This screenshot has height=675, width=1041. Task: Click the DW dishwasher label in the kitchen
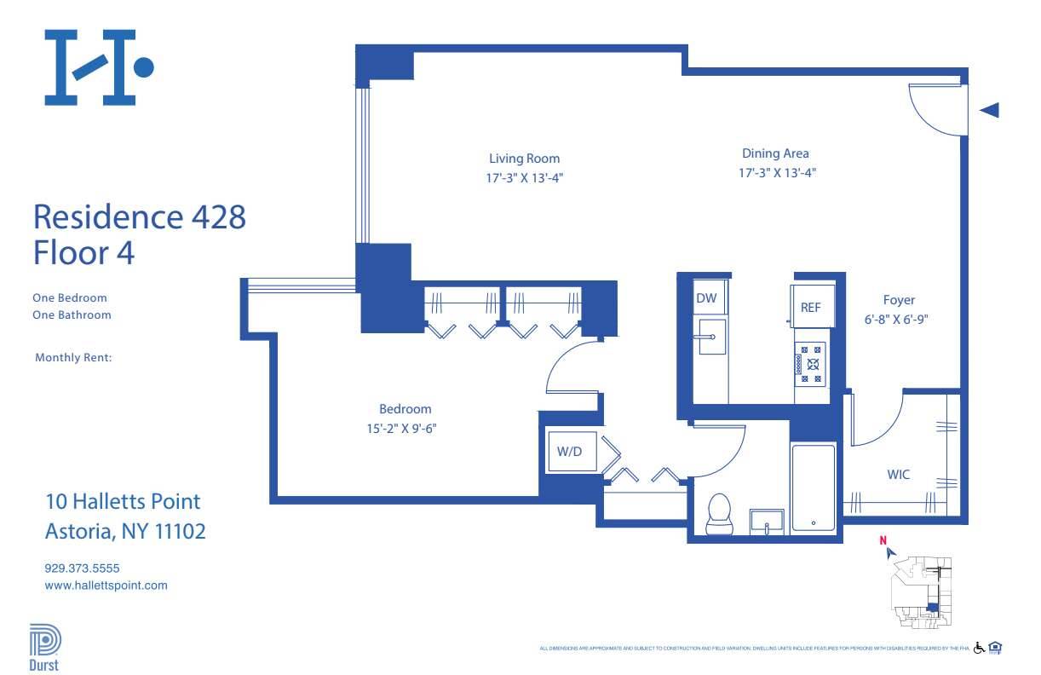tap(706, 298)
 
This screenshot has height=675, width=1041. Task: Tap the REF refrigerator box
tap(810, 308)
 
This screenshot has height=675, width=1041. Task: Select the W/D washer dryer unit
tap(569, 452)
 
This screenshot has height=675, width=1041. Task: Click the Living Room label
tap(524, 159)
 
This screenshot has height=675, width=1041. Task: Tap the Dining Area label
tap(775, 153)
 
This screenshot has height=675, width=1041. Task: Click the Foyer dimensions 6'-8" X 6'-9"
tap(899, 320)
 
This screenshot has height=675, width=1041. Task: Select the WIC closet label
tap(899, 474)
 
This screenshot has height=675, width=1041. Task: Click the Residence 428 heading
tap(139, 216)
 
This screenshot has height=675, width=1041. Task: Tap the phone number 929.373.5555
tap(86, 568)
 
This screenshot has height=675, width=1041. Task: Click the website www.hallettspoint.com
tap(106, 586)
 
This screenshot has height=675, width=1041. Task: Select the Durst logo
tap(44, 649)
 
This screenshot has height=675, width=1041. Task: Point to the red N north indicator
tap(883, 539)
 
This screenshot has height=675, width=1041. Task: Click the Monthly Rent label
tap(73, 358)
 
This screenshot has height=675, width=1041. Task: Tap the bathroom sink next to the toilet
tap(768, 522)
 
